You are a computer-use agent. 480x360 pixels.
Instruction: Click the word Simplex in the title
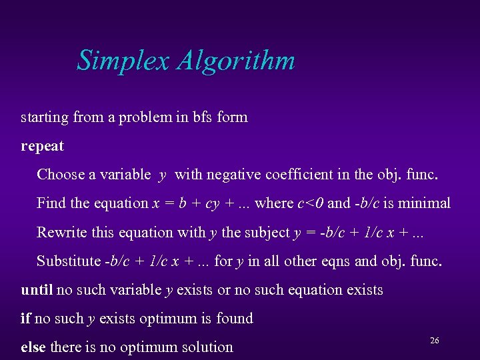[x=124, y=61]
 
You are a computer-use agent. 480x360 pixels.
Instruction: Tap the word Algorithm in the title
[x=236, y=61]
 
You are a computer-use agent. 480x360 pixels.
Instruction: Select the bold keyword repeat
[x=42, y=145]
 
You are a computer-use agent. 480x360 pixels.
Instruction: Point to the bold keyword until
[x=37, y=289]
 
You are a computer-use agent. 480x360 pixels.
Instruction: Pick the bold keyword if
[x=25, y=318]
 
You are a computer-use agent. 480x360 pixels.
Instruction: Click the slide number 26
[x=434, y=341]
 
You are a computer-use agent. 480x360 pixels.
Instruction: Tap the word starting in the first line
[x=45, y=117]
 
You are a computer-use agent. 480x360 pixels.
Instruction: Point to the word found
[x=235, y=318]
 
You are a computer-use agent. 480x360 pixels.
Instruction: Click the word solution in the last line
[x=207, y=347]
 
